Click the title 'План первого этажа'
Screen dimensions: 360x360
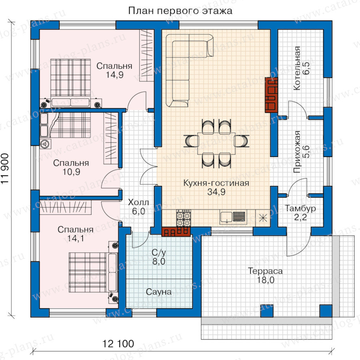point(180,11)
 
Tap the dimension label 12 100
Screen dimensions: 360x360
point(118,344)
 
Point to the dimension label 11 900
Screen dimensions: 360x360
point(5,168)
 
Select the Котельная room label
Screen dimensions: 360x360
point(297,68)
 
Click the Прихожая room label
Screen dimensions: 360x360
point(297,152)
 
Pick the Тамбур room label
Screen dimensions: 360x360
point(300,208)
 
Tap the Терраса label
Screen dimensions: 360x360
point(265,271)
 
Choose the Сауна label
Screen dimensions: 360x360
point(159,292)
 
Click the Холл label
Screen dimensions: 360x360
point(138,202)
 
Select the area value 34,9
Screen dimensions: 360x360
point(216,192)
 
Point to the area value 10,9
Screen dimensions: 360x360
point(72,172)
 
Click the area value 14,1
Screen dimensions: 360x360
point(76,238)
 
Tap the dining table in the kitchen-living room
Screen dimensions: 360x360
point(216,144)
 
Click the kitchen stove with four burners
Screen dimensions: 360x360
point(184,218)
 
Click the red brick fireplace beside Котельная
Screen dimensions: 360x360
point(271,95)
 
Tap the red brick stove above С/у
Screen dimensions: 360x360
point(176,232)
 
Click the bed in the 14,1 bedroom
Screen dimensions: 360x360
point(93,272)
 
